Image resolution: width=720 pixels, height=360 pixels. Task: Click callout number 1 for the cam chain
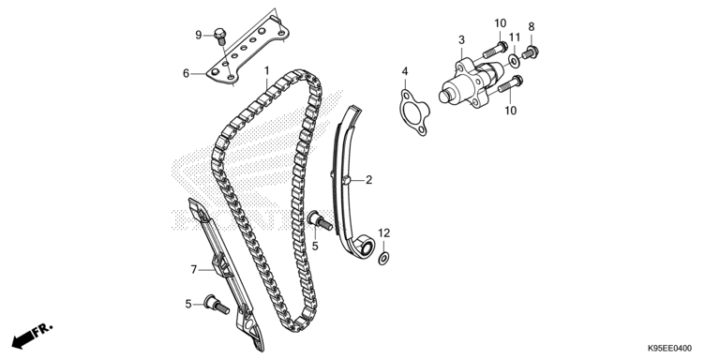point(266,70)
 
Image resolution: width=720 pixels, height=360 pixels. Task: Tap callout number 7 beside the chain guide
point(194,269)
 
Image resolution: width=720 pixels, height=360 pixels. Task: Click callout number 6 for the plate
point(187,72)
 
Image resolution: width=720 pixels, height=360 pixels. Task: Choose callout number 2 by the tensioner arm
point(368,179)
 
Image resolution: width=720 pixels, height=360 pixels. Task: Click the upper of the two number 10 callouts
point(500,22)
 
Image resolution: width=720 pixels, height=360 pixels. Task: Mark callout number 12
point(383,232)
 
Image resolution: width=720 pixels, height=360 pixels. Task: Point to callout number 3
point(461,39)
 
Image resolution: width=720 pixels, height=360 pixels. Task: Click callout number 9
point(198,35)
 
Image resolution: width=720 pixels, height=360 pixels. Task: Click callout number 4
point(405,71)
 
